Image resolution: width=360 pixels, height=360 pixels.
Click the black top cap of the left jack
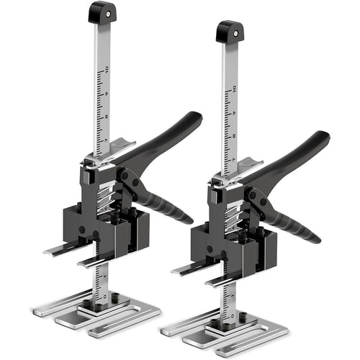point(103,12)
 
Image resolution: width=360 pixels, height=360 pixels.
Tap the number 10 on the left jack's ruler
point(106,71)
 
